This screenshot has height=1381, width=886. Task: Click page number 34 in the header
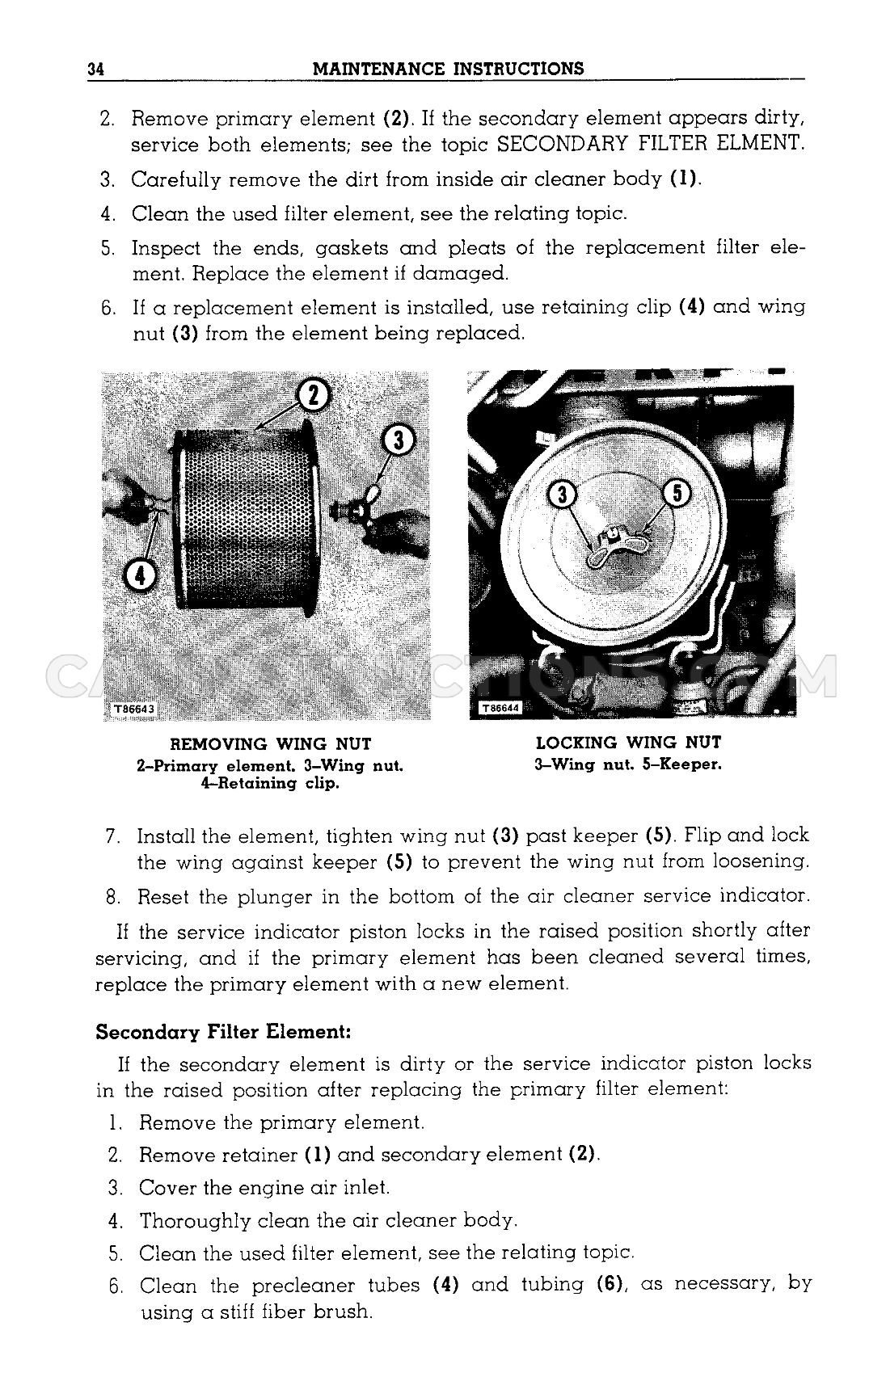96,69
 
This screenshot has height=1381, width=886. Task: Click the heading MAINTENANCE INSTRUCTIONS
448,69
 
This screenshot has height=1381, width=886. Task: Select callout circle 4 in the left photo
141,576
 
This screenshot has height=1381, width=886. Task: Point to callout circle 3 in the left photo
399,440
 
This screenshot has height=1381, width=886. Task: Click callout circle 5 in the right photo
677,493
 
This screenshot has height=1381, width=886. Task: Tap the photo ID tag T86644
500,709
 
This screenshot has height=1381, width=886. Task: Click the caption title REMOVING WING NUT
271,744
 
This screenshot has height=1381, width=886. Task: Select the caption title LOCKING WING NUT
628,743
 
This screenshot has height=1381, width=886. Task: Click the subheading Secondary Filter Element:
223,1032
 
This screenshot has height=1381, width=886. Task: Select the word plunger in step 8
270,896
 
